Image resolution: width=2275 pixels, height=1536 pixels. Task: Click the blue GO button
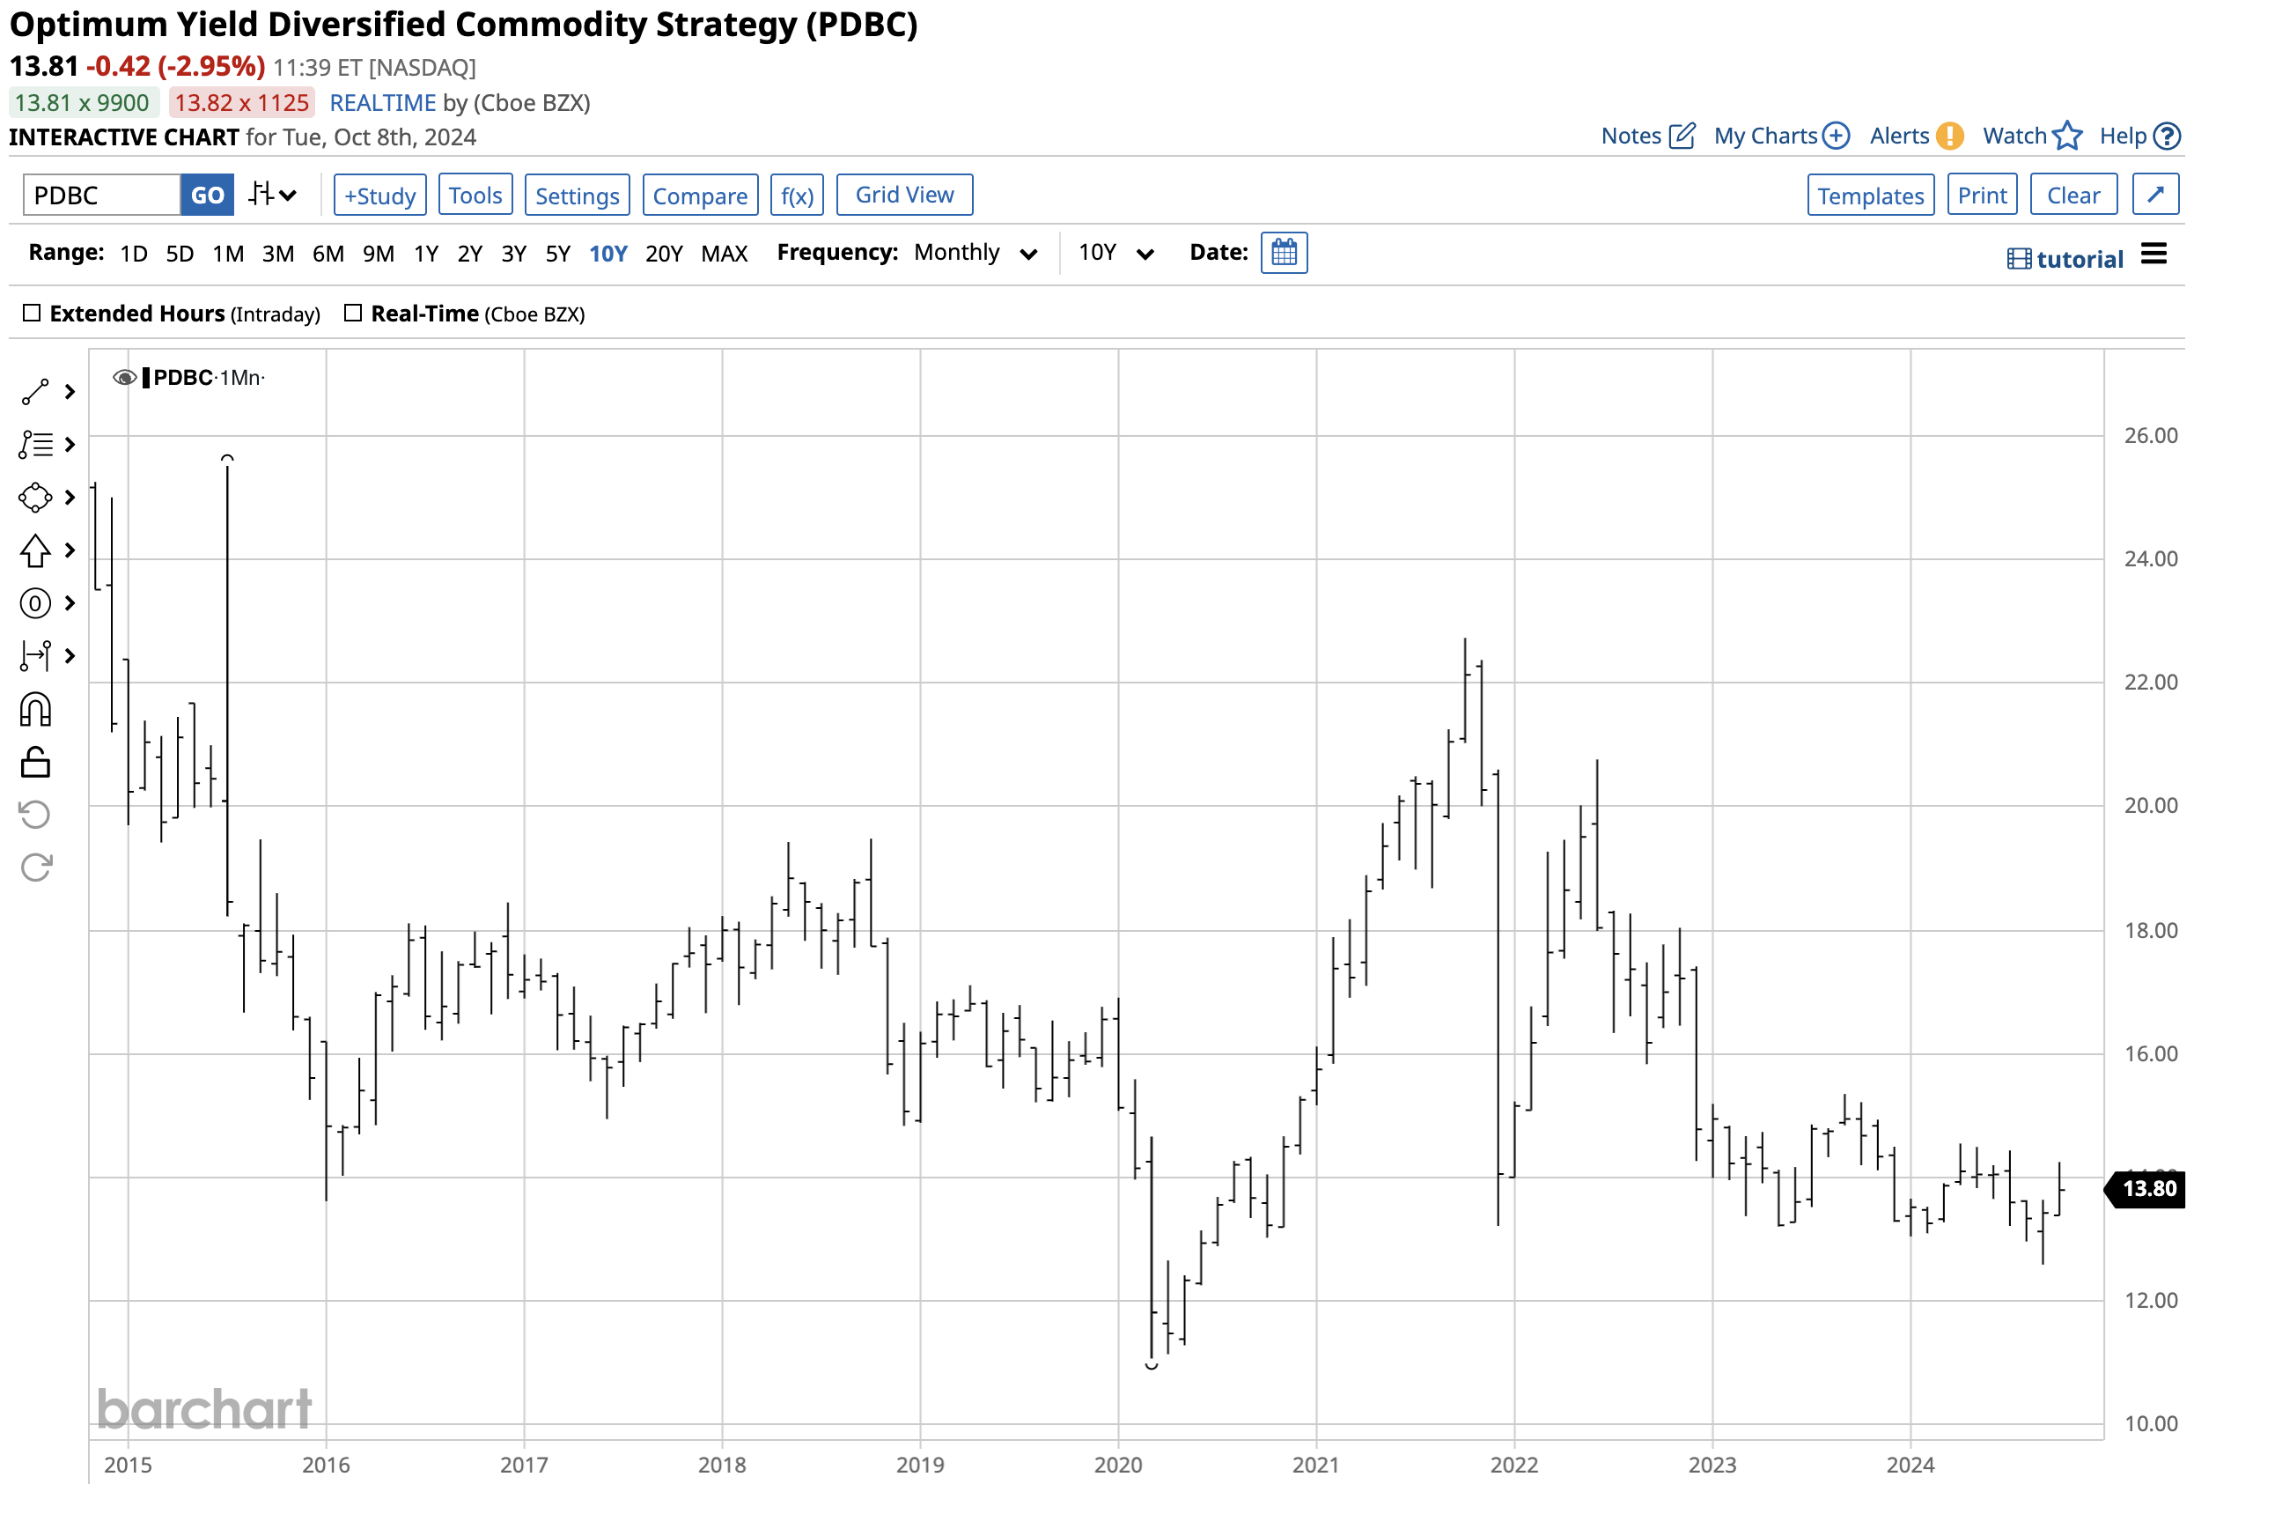(x=207, y=195)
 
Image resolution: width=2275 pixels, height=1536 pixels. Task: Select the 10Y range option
(x=607, y=255)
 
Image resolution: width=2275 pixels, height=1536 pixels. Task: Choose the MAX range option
(x=724, y=255)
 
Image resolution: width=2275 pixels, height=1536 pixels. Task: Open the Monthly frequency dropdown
(x=974, y=253)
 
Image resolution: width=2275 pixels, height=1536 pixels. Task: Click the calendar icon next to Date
(x=1284, y=253)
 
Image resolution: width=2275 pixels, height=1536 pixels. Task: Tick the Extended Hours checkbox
(x=33, y=314)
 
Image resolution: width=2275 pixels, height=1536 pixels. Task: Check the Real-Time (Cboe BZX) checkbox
(x=353, y=314)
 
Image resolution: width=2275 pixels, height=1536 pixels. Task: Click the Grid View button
(x=903, y=195)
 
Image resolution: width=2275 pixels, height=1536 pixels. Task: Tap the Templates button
(x=1870, y=195)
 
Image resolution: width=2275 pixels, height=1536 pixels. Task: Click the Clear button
(x=2073, y=195)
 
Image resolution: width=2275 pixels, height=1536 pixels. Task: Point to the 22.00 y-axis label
(x=2150, y=683)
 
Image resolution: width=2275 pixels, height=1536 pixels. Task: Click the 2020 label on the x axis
(x=1118, y=1465)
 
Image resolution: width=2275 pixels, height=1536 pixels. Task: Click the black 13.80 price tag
(x=2147, y=1188)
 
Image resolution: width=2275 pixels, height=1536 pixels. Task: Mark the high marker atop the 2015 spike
(x=227, y=457)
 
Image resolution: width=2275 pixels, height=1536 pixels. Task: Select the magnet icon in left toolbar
(x=35, y=709)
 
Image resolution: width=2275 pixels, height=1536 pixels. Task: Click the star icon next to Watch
(x=2066, y=137)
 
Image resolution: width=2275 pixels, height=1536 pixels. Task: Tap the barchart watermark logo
(x=203, y=1409)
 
